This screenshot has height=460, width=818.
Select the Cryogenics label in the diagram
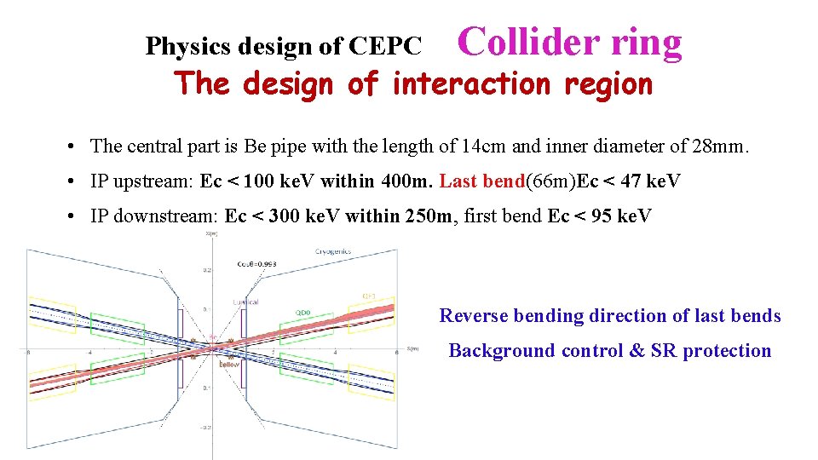click(x=332, y=251)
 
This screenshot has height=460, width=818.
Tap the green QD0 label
click(x=302, y=313)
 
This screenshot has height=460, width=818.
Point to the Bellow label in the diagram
click(x=228, y=364)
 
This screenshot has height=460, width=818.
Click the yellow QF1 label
click(x=370, y=296)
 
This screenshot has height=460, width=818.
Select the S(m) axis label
click(x=412, y=348)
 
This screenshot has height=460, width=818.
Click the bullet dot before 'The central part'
click(x=76, y=147)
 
